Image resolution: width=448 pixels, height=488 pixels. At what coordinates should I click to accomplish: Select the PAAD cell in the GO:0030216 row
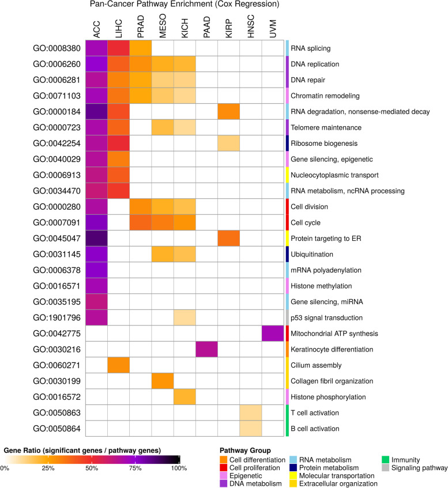point(206,350)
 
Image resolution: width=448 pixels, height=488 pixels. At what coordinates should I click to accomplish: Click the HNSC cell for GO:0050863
point(250,413)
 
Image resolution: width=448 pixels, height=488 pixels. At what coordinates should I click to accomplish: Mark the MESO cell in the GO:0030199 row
point(163,381)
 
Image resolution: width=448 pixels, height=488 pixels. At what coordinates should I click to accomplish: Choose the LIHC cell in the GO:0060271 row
point(119,365)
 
